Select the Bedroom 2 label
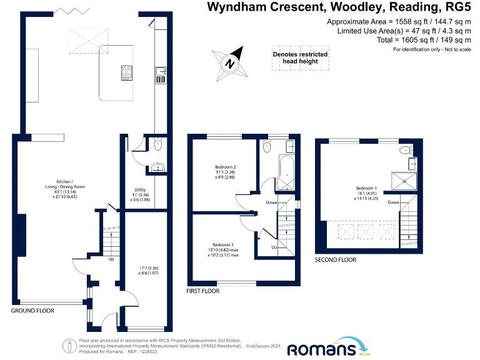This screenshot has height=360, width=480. point(226,167)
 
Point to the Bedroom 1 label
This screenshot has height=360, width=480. point(367,188)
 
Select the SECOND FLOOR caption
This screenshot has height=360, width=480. point(336,259)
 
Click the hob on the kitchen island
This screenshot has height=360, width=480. point(127,74)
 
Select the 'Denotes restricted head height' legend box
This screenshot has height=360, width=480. point(300,57)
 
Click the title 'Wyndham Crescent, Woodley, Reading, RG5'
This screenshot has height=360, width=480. point(341,7)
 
